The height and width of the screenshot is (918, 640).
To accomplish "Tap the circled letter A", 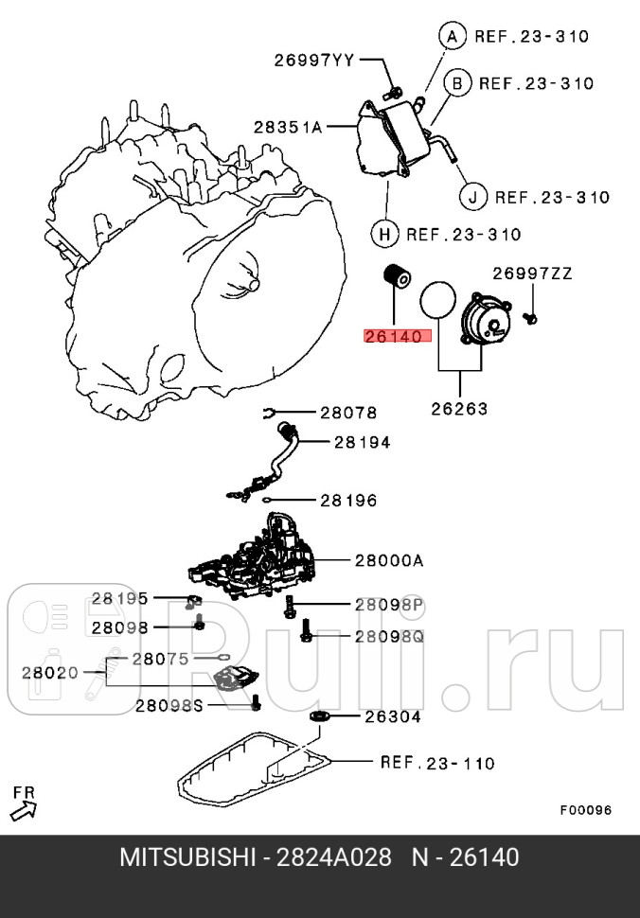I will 452,37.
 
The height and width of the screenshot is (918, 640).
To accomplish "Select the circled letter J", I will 472,197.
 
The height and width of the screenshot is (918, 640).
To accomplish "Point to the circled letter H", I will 383,234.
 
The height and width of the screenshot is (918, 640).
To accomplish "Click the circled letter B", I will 456,83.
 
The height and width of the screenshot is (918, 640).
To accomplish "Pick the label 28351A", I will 288,125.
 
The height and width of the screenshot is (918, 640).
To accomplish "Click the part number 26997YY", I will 313,61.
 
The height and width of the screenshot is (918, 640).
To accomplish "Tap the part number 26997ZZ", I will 531,274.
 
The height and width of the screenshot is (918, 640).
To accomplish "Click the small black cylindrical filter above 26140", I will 394,278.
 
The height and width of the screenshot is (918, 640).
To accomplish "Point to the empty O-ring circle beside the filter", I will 436,299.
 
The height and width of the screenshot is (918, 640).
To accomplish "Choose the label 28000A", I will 389,560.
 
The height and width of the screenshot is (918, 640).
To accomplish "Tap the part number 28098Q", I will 389,636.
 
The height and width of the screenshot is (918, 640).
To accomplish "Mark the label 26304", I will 393,716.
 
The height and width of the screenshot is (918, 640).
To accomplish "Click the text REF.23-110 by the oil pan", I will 436,762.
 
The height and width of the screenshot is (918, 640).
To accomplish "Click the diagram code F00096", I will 585,810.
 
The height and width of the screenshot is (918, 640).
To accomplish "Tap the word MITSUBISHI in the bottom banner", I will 187,857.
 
